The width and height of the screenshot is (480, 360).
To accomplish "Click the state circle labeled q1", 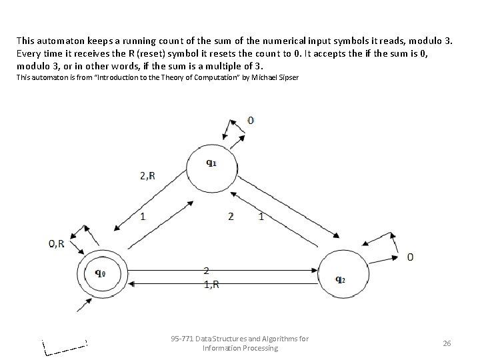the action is (211, 167).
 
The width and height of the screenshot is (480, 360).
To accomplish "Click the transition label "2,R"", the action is (148, 176).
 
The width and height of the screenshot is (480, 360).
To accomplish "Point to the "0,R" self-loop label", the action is (57, 244).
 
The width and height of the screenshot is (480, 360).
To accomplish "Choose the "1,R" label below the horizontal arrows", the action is (211, 283).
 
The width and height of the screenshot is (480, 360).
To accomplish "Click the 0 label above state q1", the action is (251, 121).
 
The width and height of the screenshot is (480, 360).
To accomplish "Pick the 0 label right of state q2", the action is (410, 257).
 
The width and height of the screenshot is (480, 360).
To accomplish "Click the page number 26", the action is (447, 343).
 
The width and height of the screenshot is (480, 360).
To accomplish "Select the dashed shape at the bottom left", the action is (65, 347).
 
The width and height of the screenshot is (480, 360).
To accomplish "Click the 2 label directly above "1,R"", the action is (207, 270).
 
